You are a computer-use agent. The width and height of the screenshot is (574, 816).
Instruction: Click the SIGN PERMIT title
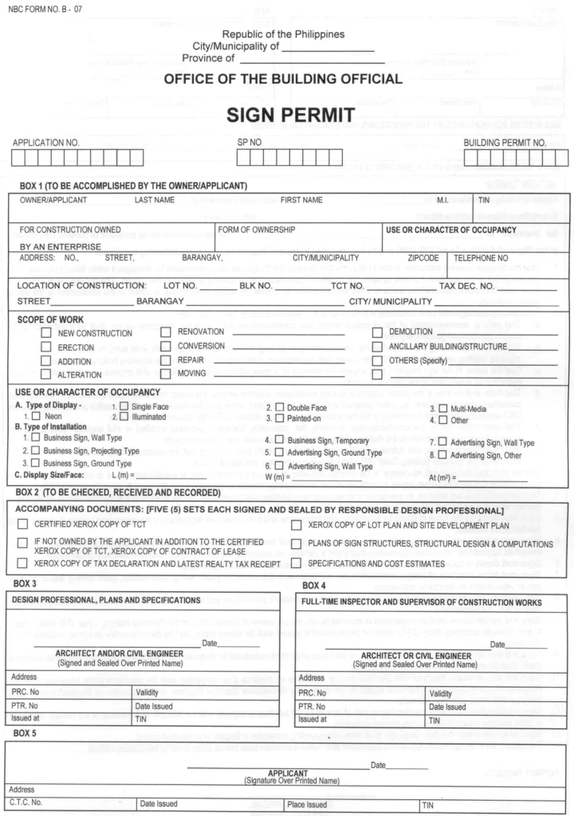coord(289,116)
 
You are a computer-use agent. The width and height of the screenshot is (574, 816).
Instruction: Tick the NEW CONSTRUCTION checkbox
coord(47,332)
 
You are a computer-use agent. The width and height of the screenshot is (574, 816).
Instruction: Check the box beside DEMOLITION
coord(378,331)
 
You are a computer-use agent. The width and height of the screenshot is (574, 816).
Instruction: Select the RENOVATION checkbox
coord(166,331)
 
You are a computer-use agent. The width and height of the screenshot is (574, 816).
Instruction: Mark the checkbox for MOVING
coord(166,373)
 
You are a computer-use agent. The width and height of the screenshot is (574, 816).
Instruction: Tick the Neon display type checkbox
coord(36,416)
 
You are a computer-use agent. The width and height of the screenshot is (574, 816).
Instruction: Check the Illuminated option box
coord(124,416)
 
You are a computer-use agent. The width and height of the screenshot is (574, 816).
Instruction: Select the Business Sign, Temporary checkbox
coord(280,439)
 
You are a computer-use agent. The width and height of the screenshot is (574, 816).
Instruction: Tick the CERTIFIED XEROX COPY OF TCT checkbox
coord(23,524)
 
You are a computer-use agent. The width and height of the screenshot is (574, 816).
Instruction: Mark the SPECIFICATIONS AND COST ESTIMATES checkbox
coord(296,563)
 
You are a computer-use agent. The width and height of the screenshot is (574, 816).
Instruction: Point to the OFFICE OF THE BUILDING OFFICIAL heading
coord(283,79)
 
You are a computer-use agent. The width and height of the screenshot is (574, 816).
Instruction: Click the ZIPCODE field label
coord(424,258)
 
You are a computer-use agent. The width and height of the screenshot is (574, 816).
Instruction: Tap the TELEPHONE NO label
coord(481,258)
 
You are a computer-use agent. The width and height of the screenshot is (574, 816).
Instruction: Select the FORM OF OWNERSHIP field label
coord(257,229)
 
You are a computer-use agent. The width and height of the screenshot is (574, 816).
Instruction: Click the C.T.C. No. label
coord(26,803)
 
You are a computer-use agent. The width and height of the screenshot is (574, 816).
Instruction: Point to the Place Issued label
coord(307,804)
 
